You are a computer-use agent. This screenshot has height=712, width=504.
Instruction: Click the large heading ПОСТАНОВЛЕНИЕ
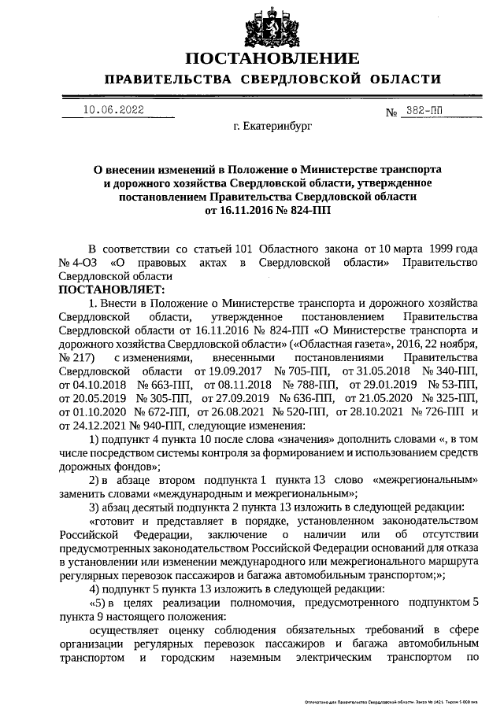coord(272,59)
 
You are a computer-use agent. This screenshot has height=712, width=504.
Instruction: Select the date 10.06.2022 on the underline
coord(113,110)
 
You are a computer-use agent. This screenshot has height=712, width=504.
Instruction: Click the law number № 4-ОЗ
coord(78,261)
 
